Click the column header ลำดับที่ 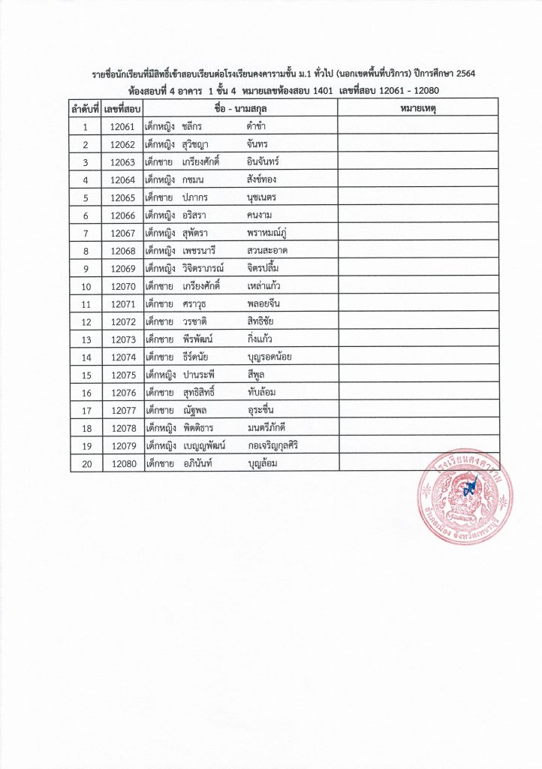(86, 109)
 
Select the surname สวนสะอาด (267, 251)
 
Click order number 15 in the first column (86, 375)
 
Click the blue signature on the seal (471, 488)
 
